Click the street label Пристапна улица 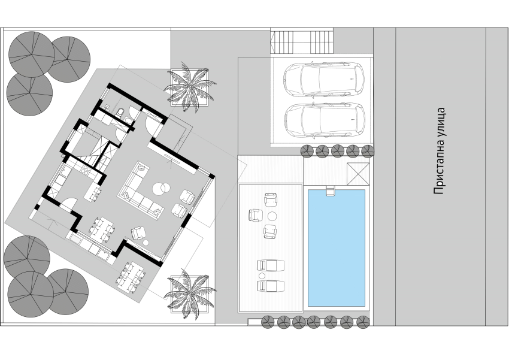pos(440,151)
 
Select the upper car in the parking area pos(324,80)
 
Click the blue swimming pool pos(336,247)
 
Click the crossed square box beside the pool pos(357,174)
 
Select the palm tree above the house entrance pos(189,87)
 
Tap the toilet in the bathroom pos(120,112)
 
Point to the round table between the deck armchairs pos(271,216)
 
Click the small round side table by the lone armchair pos(146,242)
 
